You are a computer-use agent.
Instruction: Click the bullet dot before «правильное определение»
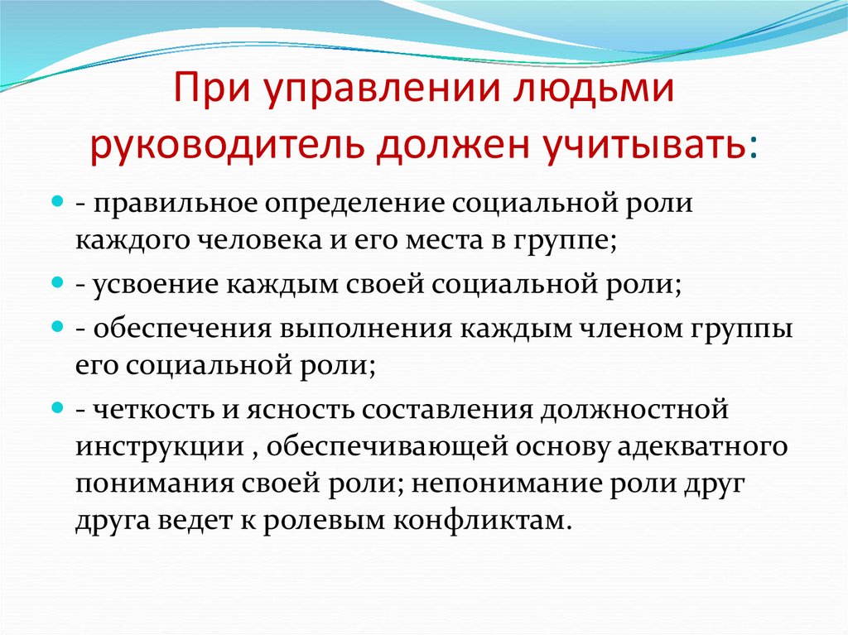click(57, 201)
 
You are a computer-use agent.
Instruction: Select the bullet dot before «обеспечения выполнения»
click(57, 326)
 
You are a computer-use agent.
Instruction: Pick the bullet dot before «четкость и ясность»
click(57, 407)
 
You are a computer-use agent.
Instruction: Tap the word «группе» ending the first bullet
click(569, 241)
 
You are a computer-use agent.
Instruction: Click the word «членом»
click(623, 328)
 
